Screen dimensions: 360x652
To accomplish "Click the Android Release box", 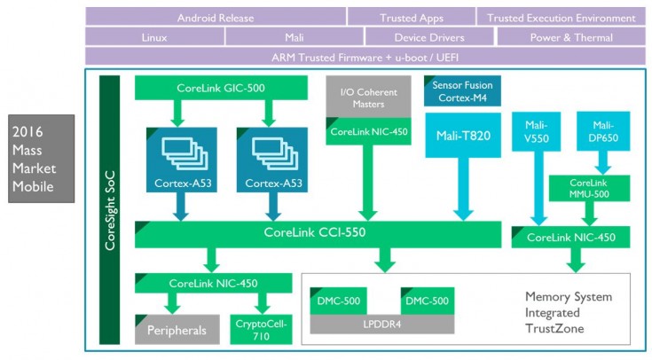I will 216,17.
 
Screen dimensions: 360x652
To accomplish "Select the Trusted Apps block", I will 410,17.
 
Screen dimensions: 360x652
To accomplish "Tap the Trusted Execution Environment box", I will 561,17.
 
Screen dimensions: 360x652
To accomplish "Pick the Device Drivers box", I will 428,37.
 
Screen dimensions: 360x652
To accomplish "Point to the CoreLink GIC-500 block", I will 221,87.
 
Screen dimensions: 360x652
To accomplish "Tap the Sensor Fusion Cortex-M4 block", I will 462,91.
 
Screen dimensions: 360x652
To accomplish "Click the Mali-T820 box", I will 462,135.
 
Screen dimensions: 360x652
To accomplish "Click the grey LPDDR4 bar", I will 381,324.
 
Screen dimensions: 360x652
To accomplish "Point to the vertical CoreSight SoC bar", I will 109,209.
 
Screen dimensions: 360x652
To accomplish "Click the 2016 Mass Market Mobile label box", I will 42,158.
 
